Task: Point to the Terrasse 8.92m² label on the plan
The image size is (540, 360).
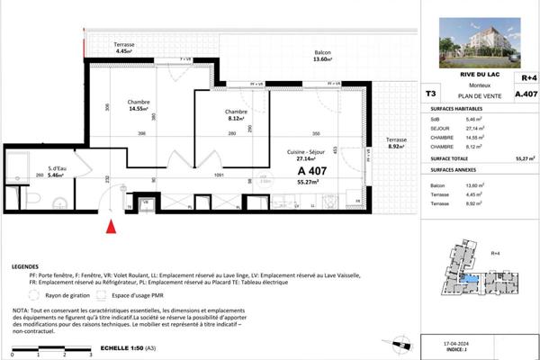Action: click(x=396, y=145)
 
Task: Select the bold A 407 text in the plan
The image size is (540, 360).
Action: click(x=314, y=169)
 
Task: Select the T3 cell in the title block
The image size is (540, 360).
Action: click(x=430, y=93)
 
